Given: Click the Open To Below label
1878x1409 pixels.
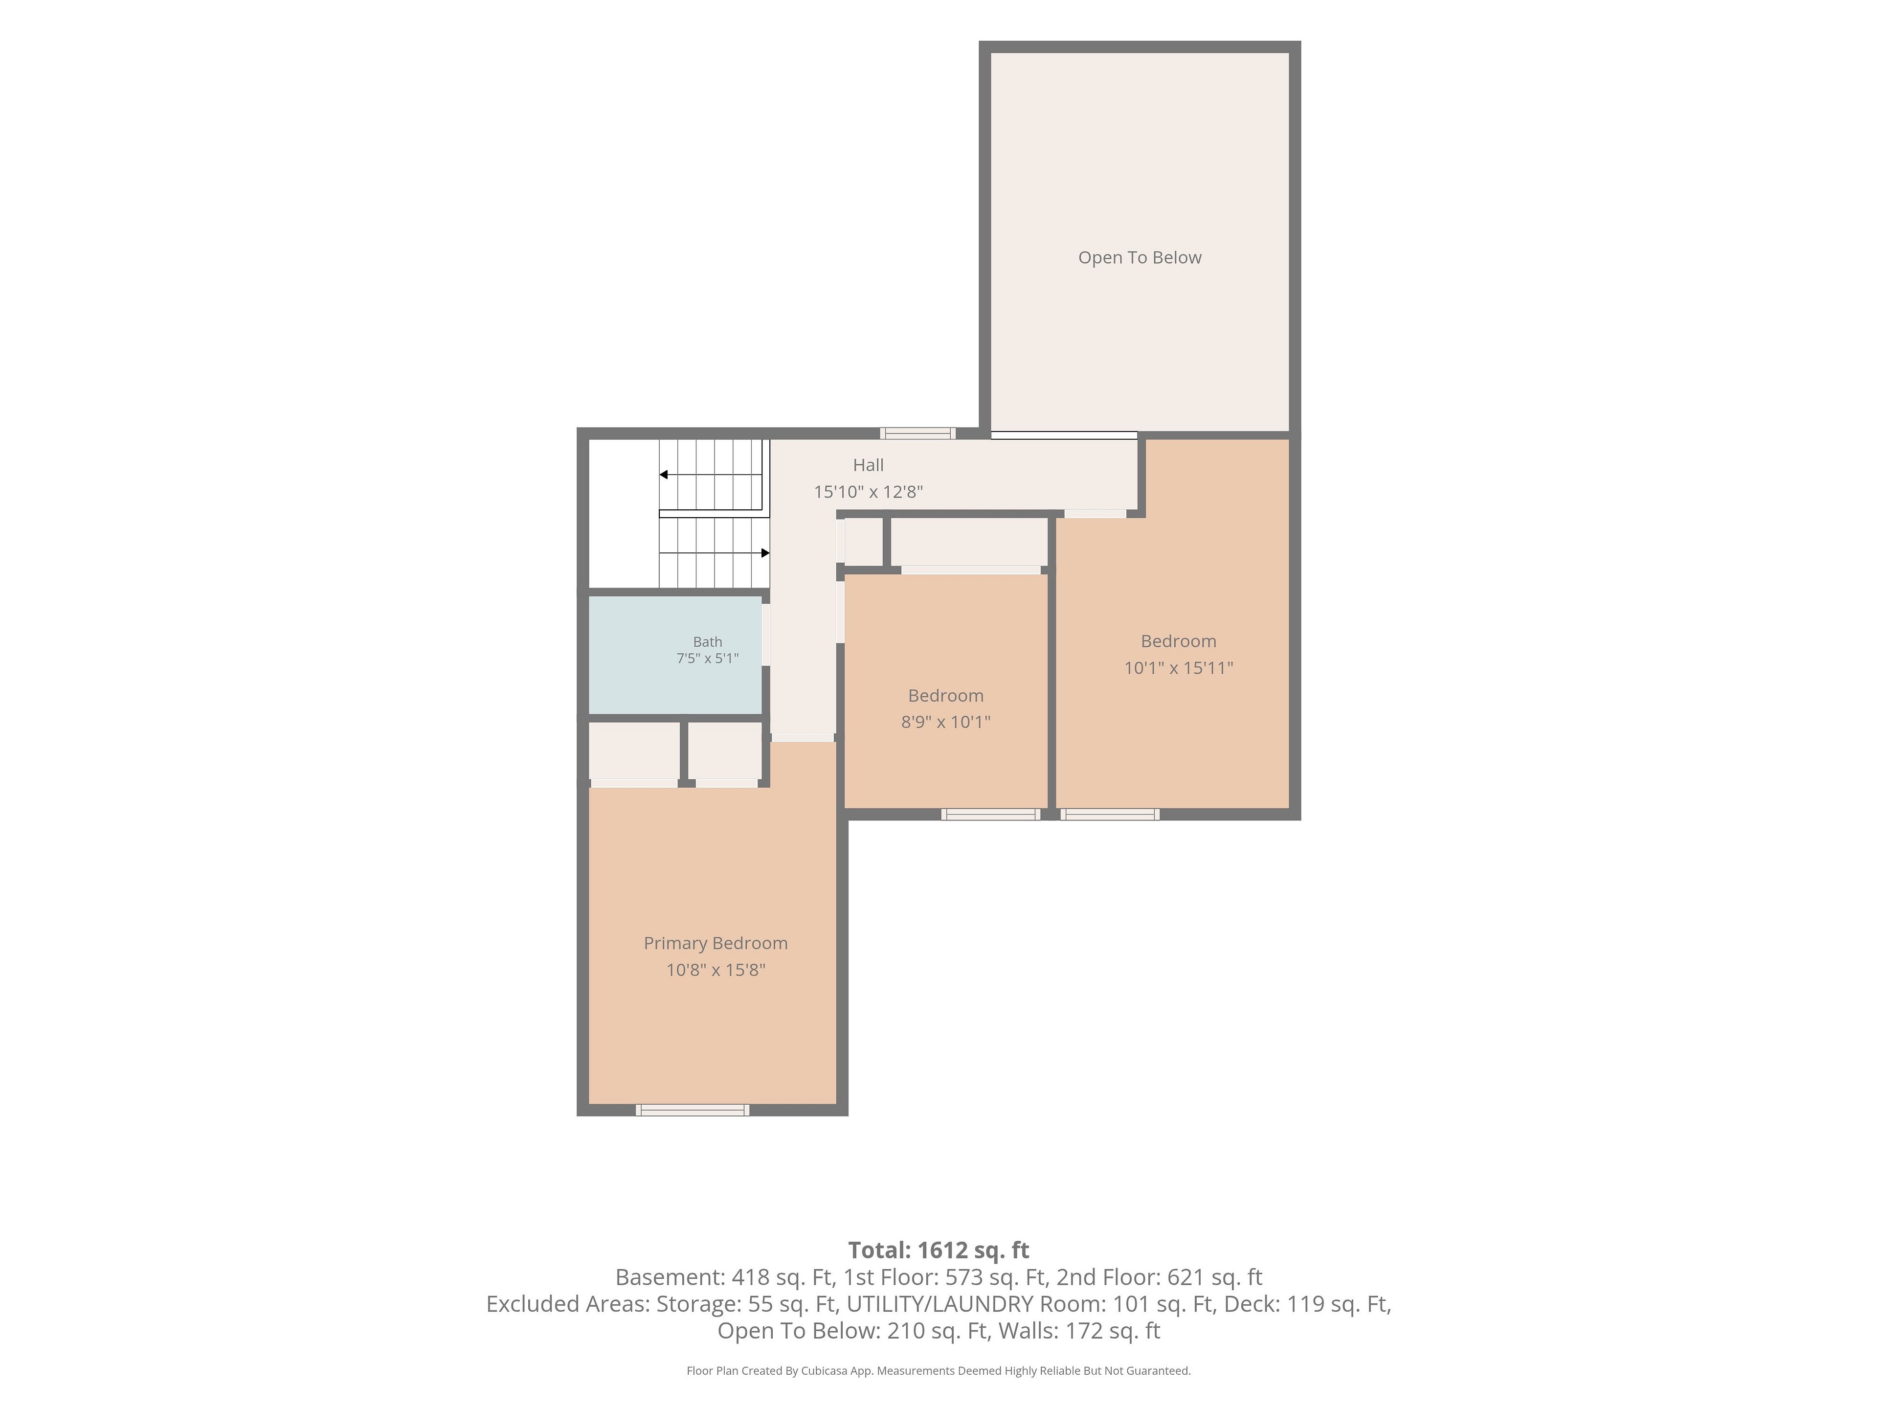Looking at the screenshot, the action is (1140, 257).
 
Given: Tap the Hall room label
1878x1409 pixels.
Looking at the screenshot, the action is (868, 465).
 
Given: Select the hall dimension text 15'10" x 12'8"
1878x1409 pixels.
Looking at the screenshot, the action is (868, 492).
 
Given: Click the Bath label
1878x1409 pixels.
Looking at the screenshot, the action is (707, 642).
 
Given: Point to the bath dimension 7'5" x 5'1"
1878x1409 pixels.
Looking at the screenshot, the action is (707, 658).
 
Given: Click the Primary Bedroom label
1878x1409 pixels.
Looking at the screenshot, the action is (715, 944).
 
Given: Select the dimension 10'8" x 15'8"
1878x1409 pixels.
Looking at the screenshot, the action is (715, 970).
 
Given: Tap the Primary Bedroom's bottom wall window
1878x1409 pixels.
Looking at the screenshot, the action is (693, 1110).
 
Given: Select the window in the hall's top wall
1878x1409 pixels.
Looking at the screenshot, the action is (918, 433).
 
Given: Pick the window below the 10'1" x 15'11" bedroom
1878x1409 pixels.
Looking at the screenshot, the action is (1110, 815).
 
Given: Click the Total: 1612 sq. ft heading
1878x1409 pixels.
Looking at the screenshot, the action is (938, 1250).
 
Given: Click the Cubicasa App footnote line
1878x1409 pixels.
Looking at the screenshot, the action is (938, 1371).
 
